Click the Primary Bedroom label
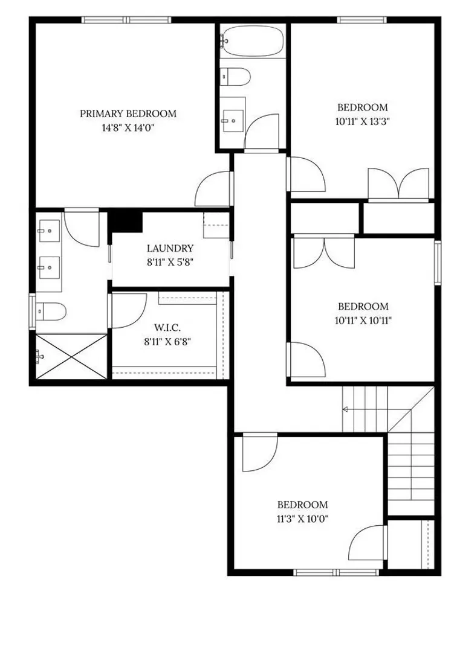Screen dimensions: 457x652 click(x=128, y=113)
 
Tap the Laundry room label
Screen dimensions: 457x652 click(x=170, y=248)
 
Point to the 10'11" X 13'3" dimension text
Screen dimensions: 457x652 click(x=363, y=122)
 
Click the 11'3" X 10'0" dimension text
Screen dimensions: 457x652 click(x=303, y=519)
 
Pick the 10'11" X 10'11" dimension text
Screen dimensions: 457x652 click(x=363, y=321)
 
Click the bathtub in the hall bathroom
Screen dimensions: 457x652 click(x=252, y=40)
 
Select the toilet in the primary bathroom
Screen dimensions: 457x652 click(x=51, y=311)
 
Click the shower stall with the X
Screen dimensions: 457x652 click(x=71, y=356)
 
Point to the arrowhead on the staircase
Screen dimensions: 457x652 click(x=345, y=409)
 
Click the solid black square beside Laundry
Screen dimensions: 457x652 click(x=125, y=222)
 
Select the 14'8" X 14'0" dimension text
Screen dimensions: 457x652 click(x=128, y=128)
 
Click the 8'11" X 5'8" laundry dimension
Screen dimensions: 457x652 click(x=170, y=263)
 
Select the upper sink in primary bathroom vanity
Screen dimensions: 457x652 click(x=49, y=231)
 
